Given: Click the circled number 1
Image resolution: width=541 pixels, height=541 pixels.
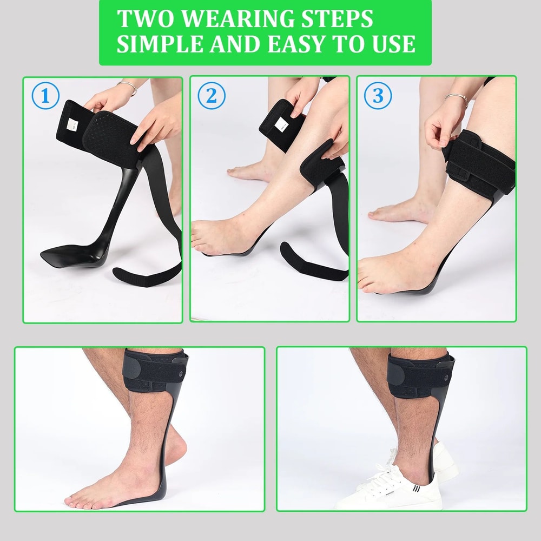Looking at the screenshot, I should (x=45, y=97).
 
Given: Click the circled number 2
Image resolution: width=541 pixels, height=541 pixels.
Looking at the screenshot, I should (x=211, y=97).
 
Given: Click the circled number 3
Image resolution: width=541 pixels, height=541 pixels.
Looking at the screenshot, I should (x=378, y=97).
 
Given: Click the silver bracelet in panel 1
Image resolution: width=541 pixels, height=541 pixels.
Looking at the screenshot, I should (x=128, y=87).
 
